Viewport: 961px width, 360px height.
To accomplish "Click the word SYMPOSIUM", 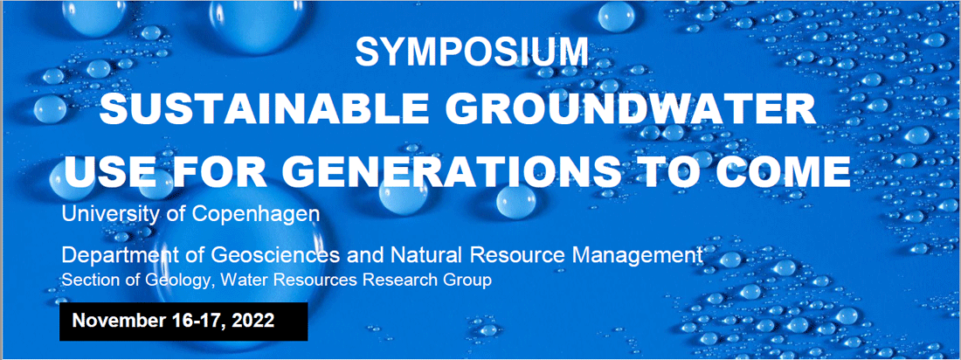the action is point(471,52).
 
